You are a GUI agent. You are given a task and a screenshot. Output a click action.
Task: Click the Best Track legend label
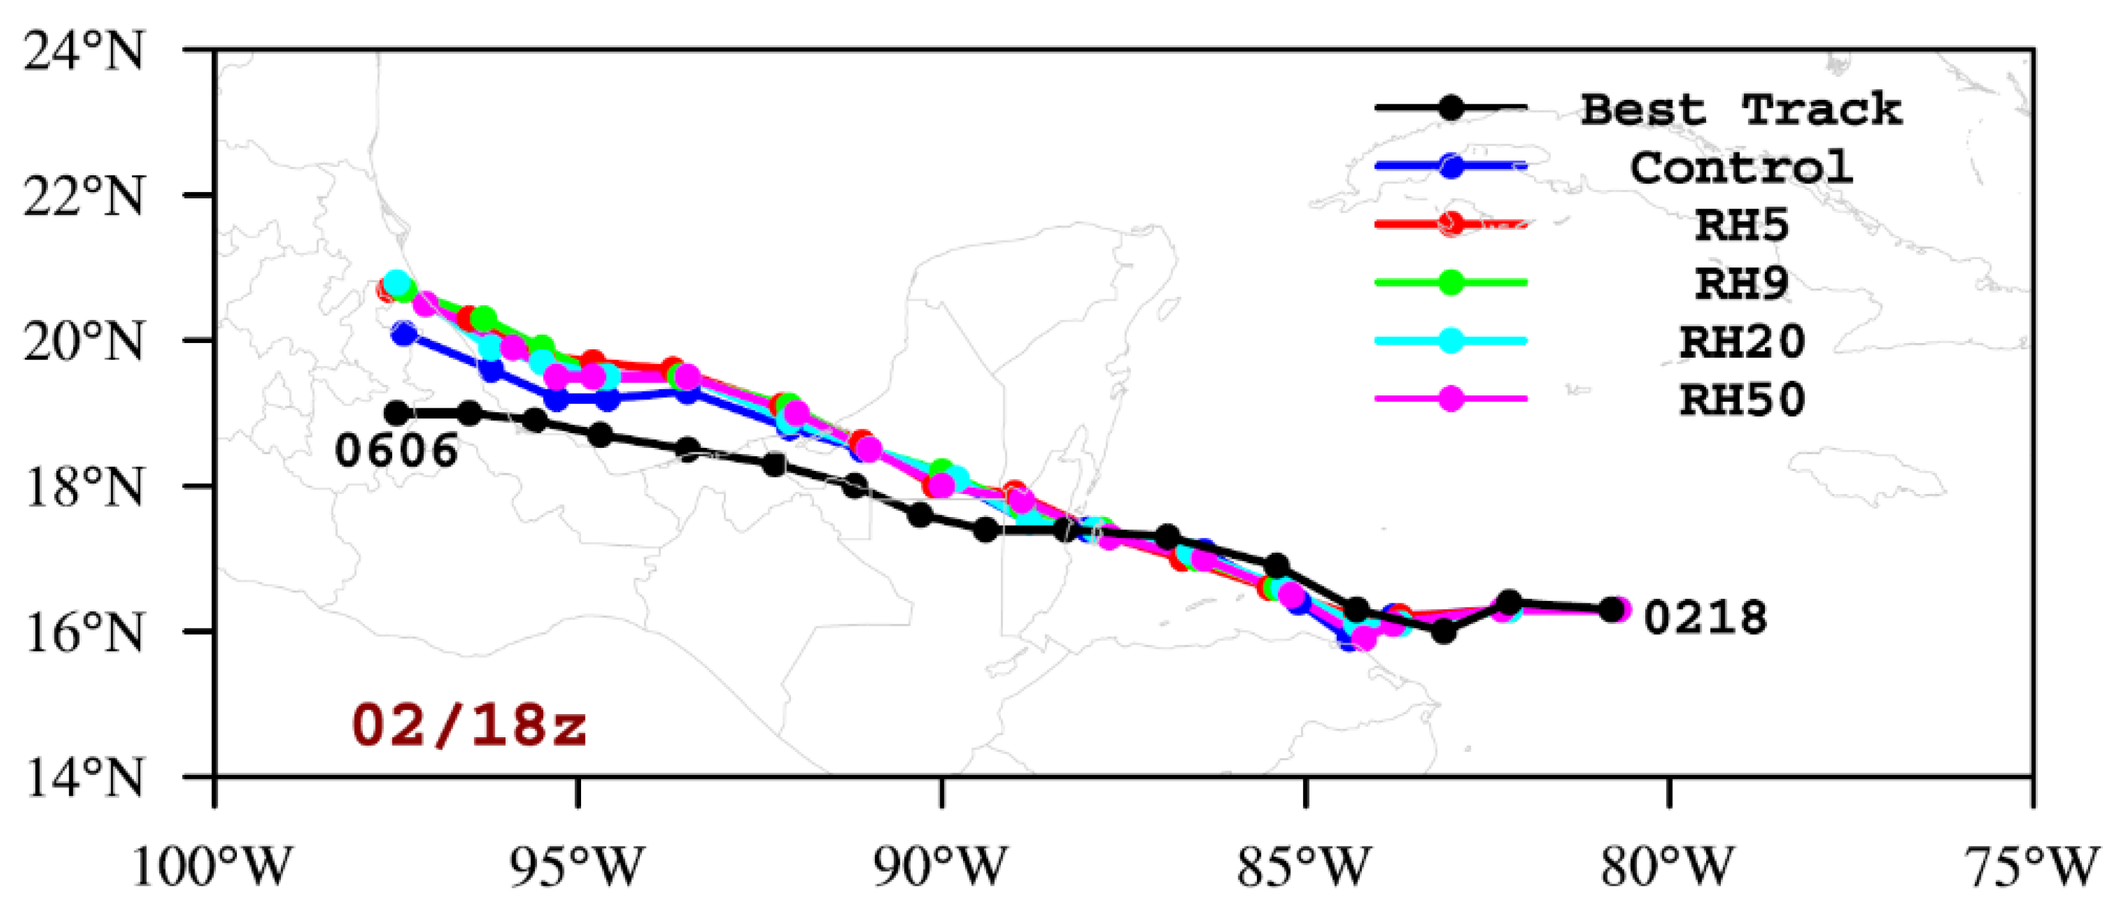(x=1740, y=109)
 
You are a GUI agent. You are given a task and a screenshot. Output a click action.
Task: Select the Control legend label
(x=1740, y=168)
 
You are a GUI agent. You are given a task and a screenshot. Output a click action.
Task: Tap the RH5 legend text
(x=1741, y=225)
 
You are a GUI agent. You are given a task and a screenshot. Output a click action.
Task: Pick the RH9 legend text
(x=1741, y=283)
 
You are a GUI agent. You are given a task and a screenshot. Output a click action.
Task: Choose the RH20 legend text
(x=1741, y=341)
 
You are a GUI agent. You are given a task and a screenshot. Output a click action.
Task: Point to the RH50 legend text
(x=1741, y=399)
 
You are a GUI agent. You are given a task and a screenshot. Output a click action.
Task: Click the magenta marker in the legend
(x=1450, y=399)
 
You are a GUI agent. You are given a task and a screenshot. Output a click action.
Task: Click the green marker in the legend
(x=1450, y=282)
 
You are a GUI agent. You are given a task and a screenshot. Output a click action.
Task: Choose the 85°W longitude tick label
(x=1304, y=866)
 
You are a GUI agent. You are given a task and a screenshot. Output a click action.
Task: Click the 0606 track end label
(x=397, y=450)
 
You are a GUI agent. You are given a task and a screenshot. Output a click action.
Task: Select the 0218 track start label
(x=1705, y=617)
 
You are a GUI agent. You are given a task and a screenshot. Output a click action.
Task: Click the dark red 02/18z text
(x=469, y=726)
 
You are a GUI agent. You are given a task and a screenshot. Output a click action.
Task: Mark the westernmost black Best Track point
(x=397, y=413)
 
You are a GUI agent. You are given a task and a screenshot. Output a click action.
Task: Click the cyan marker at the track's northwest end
(x=397, y=283)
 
